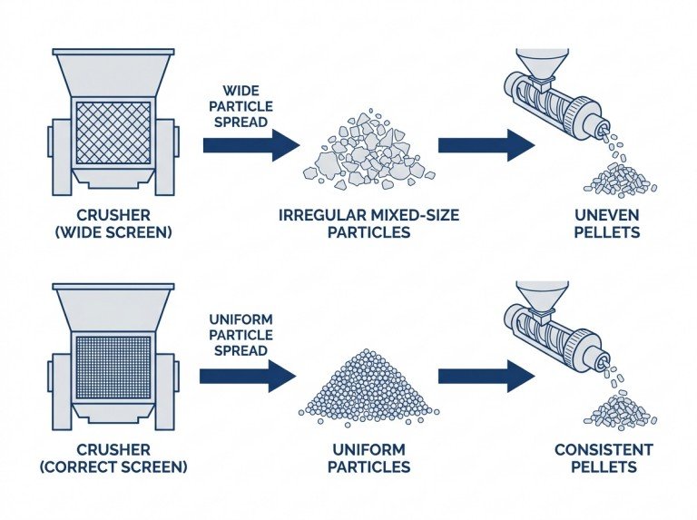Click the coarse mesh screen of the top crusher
pos(113,132)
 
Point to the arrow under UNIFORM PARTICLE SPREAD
pos(247,376)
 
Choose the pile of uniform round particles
pos(368,388)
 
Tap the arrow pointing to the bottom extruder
pos(485,376)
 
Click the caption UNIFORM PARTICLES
pos(370,458)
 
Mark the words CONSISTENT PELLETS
pos(603,458)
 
